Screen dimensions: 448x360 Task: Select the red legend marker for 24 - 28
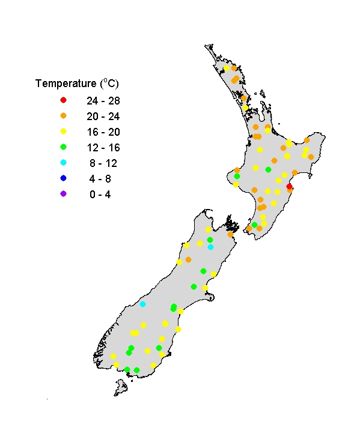click(63, 100)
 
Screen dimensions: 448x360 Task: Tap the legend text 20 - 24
click(102, 115)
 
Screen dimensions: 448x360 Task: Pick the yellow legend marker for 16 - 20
click(63, 131)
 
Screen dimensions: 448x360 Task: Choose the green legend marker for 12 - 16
click(63, 147)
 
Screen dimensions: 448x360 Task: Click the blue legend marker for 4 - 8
click(63, 178)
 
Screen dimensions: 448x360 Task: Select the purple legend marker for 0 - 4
click(63, 194)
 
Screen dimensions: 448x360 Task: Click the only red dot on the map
click(289, 187)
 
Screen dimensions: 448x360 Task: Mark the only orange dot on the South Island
click(188, 259)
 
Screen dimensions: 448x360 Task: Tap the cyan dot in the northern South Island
click(210, 247)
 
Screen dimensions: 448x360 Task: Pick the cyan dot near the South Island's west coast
click(142, 304)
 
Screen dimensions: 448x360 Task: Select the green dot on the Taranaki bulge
click(237, 177)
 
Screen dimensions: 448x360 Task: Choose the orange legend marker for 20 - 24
click(63, 115)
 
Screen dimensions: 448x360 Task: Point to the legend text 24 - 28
click(102, 100)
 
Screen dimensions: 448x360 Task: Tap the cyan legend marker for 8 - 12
click(63, 163)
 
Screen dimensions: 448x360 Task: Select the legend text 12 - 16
click(102, 147)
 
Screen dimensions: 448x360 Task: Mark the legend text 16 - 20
click(102, 131)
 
